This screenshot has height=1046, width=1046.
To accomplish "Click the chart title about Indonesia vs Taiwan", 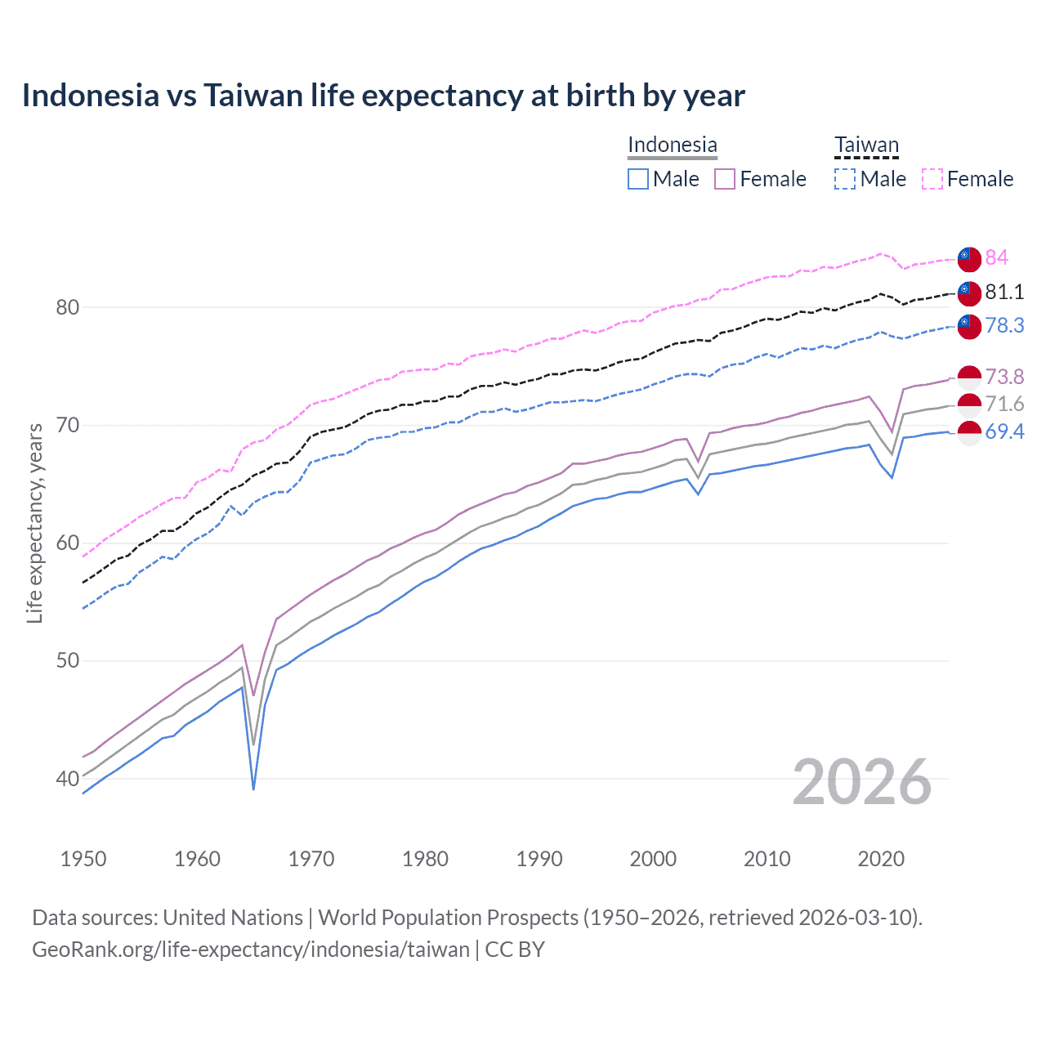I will click(383, 96).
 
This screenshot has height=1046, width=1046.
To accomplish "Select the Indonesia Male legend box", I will click(638, 179).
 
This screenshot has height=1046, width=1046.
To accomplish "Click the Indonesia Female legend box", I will click(725, 179).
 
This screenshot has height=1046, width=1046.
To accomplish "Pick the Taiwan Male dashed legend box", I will click(845, 179).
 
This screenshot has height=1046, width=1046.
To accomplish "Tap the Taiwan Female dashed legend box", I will click(932, 179).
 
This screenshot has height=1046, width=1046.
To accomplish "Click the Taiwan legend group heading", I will click(866, 145).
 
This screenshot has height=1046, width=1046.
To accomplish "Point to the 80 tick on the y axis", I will click(67, 308).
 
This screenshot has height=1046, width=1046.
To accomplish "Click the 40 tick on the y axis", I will click(67, 779).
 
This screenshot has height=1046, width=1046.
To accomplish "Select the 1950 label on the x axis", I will click(83, 859).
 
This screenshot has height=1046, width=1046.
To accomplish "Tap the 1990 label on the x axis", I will click(539, 859).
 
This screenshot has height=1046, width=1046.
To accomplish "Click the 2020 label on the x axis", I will click(881, 859).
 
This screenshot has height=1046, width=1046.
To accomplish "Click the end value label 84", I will click(996, 258).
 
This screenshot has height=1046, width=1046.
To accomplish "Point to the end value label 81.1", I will click(1004, 293).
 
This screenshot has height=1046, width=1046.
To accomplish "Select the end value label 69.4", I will click(1004, 432).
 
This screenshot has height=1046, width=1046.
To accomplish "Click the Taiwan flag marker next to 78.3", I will click(969, 326).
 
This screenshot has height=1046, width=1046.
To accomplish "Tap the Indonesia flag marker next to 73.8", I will click(969, 378).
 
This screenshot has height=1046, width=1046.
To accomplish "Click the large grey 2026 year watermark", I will click(862, 782).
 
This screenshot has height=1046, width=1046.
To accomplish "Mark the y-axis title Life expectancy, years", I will click(35, 523).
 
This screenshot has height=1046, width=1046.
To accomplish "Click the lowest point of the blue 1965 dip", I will click(253, 789).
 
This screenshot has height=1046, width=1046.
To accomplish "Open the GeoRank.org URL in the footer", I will click(251, 950).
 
